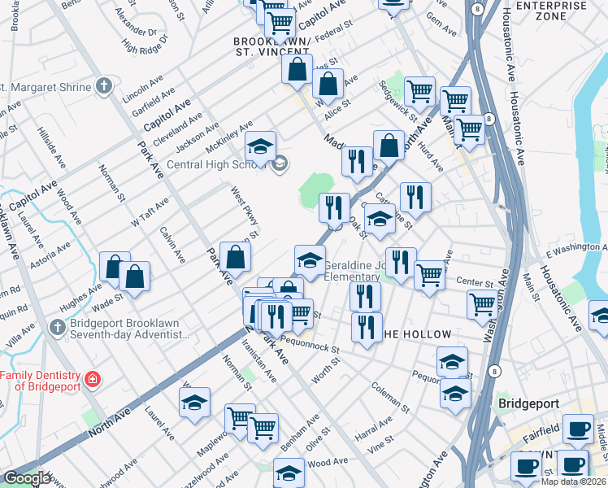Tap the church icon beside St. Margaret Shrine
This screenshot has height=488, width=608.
pyautogui.click(x=103, y=86)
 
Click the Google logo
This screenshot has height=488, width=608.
pyautogui.click(x=28, y=478)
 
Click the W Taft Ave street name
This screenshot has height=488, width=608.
pyautogui.click(x=143, y=213)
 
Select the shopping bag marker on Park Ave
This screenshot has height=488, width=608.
pyautogui.click(x=234, y=257)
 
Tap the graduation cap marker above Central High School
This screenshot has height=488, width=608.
pyautogui.click(x=260, y=146)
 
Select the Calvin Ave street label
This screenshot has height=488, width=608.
pyautogui.click(x=173, y=245)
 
